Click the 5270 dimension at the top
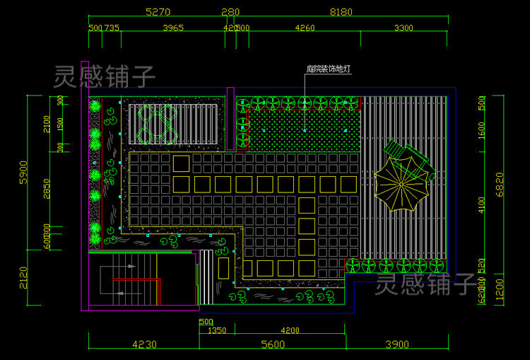(x=158, y=11)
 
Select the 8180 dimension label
(x=341, y=11)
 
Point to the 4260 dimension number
(x=305, y=28)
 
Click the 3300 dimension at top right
(x=404, y=28)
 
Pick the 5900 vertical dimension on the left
(x=23, y=172)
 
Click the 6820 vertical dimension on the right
(x=502, y=185)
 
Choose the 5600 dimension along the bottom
(x=272, y=344)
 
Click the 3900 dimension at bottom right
(x=396, y=344)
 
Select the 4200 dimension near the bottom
(x=290, y=330)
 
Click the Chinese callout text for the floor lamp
(x=329, y=69)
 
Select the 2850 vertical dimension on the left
(x=47, y=190)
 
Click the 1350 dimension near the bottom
(x=217, y=330)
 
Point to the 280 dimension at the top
(x=230, y=11)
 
